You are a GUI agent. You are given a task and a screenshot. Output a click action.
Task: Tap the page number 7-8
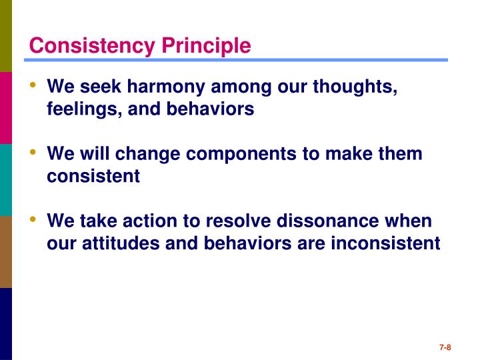click(445, 347)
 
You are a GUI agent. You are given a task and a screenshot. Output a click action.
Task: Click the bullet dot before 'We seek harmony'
click(33, 86)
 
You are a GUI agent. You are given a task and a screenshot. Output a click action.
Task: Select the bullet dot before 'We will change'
click(33, 153)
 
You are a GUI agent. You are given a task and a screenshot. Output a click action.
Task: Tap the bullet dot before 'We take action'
click(33, 219)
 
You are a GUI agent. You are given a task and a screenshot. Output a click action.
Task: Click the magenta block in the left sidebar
click(6, 107)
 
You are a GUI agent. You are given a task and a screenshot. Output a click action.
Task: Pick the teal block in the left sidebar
click(6, 179)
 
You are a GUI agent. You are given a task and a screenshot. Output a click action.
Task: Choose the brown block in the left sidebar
click(6, 251)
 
